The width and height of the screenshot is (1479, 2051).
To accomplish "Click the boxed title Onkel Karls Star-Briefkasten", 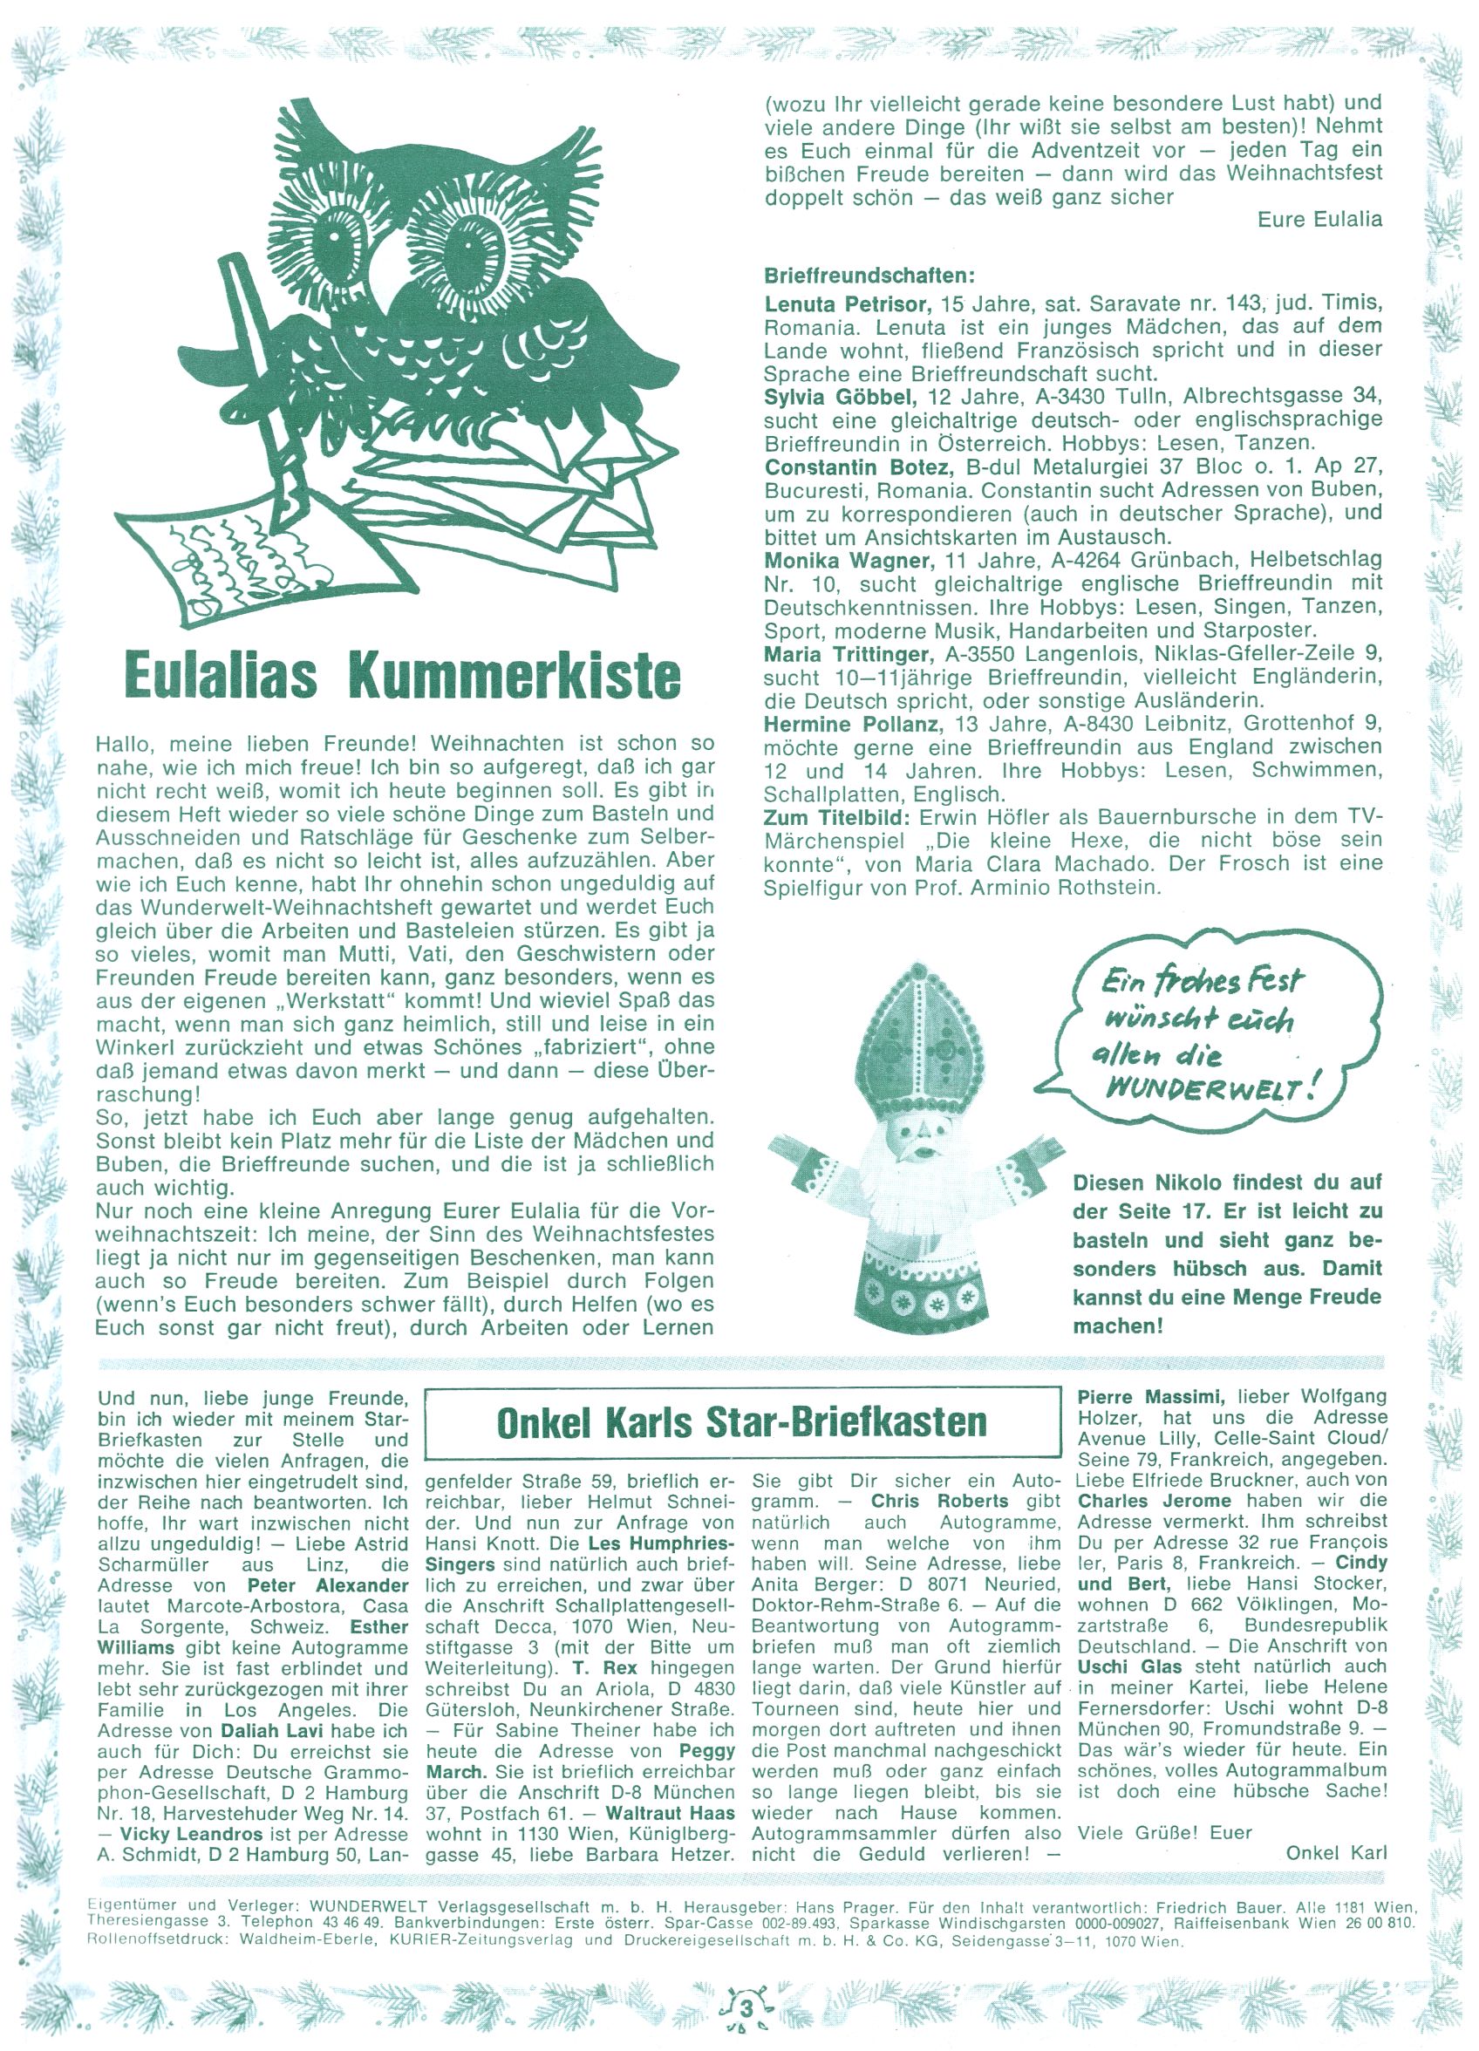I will (741, 1422).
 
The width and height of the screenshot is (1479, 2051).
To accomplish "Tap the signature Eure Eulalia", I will (1319, 220).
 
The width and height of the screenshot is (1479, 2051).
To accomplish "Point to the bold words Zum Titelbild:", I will (838, 816).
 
